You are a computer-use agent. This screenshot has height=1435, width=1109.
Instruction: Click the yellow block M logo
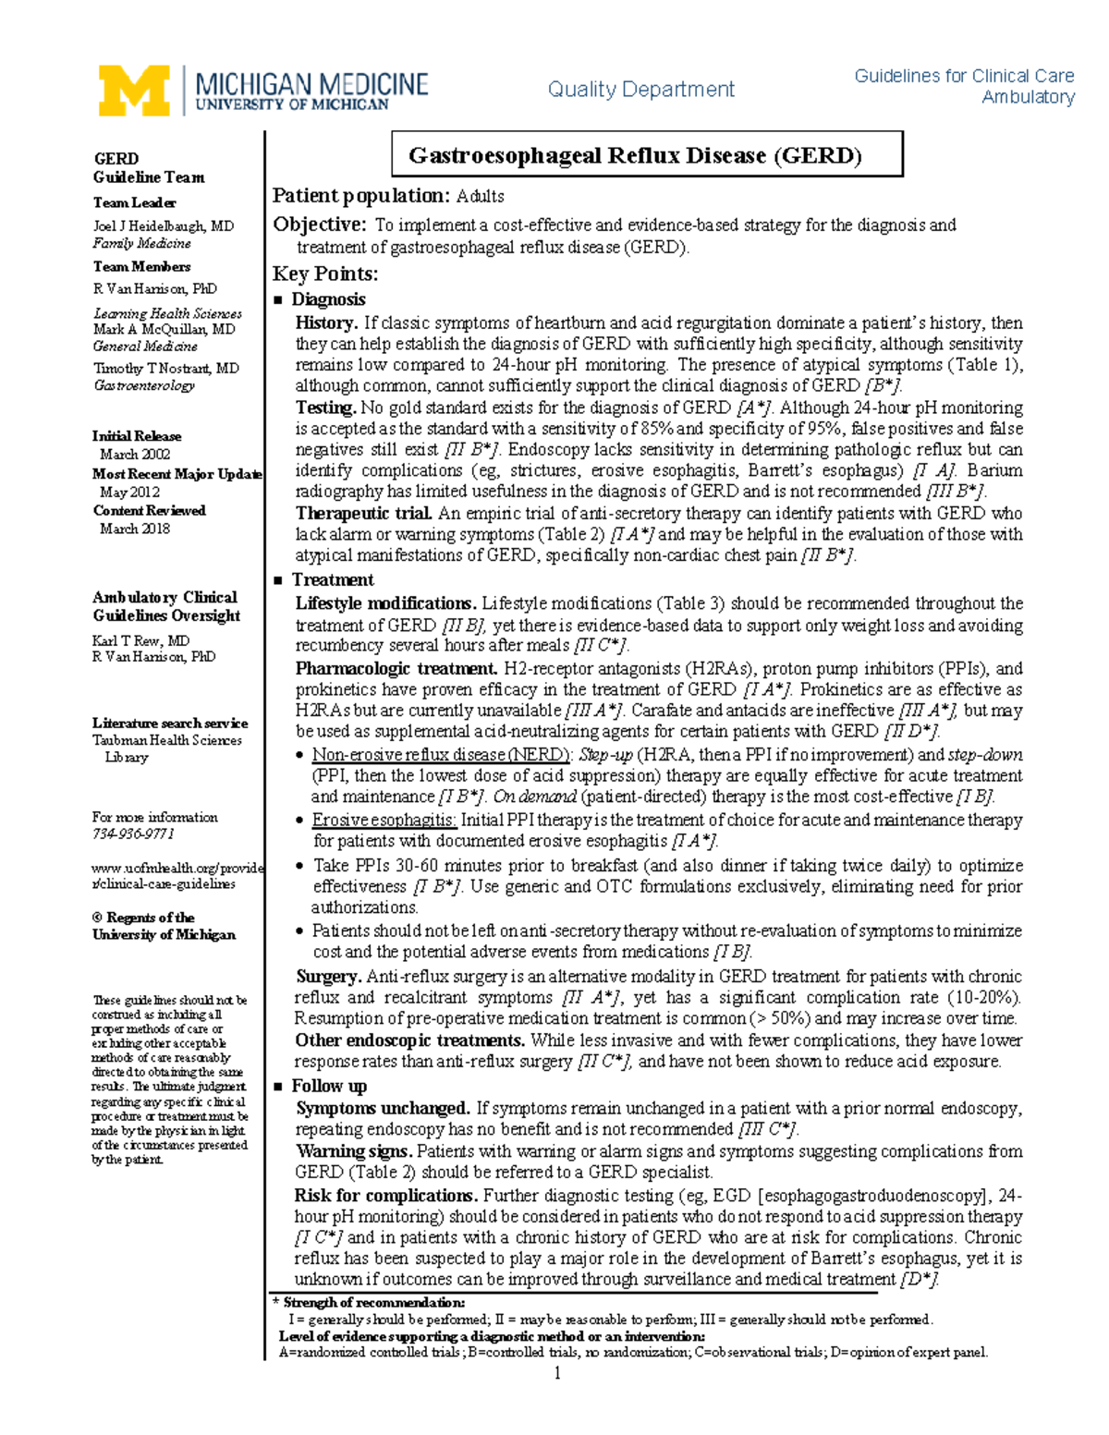[x=134, y=91]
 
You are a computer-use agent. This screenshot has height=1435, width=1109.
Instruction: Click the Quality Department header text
[x=640, y=90]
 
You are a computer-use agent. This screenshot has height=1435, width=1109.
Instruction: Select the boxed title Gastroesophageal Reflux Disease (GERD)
[x=647, y=155]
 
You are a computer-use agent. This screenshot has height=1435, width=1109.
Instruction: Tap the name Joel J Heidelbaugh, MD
[x=163, y=225]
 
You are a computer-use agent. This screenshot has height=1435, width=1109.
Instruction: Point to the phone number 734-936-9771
[x=133, y=833]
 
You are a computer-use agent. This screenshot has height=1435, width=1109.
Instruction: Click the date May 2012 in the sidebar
[x=129, y=492]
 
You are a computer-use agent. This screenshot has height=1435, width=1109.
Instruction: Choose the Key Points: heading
[x=324, y=274]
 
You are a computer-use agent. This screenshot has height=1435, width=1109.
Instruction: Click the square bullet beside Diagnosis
[x=278, y=299]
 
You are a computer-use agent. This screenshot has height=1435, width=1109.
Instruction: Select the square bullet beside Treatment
[x=278, y=580]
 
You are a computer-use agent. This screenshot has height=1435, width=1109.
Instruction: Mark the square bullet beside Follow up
[x=278, y=1087]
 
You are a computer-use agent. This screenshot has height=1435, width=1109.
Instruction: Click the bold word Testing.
[x=325, y=407]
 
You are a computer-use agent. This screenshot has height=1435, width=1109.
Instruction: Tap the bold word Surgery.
[x=328, y=977]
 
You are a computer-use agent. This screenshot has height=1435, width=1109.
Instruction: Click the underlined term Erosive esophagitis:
[x=384, y=820]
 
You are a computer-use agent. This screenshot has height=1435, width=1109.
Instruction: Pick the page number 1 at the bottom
[x=557, y=1373]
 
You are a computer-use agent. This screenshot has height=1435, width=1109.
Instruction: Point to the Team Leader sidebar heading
[x=134, y=202]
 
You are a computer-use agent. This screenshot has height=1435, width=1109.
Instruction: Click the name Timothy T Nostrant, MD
[x=165, y=368]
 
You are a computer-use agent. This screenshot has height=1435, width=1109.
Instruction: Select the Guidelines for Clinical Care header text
[x=964, y=76]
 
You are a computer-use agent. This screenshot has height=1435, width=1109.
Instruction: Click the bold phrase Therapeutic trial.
[x=363, y=513]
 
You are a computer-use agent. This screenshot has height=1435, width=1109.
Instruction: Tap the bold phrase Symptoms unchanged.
[x=383, y=1108]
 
